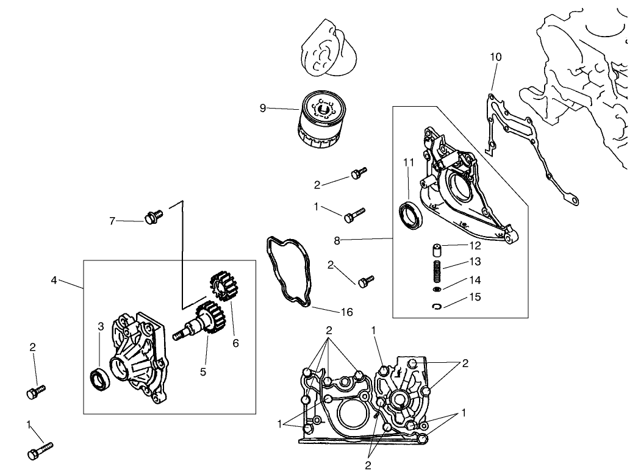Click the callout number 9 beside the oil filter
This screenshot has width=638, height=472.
263,108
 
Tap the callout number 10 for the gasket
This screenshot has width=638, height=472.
495,57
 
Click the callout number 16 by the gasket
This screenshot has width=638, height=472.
346,312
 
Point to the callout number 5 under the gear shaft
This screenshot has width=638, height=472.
204,370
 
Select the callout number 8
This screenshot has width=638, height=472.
337,240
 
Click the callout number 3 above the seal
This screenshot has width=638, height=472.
101,327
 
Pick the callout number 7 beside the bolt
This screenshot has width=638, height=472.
112,221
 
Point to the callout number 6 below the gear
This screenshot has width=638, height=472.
235,343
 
